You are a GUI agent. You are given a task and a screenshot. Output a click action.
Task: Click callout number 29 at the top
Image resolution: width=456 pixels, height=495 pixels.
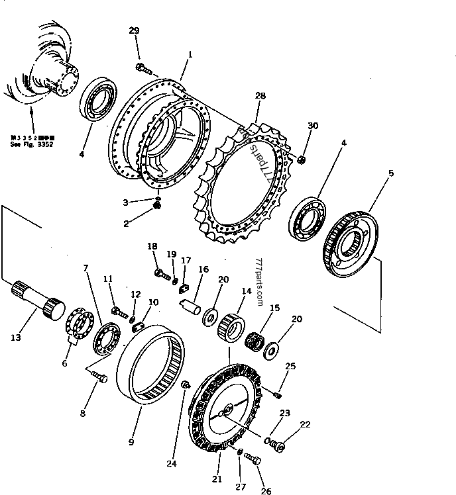pos(134,31)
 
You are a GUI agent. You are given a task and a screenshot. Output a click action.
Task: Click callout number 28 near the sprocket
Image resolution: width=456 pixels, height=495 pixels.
pos(260,96)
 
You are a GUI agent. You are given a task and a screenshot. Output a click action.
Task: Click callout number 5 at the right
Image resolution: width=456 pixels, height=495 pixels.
pos(391,173)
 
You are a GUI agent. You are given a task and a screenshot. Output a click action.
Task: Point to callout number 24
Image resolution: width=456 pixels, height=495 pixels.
pos(172,464)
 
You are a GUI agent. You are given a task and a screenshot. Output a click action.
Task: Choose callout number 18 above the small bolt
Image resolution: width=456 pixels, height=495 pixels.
pos(152,246)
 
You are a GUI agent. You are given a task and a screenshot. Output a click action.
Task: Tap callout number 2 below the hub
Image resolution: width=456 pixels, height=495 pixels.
pos(126,224)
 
